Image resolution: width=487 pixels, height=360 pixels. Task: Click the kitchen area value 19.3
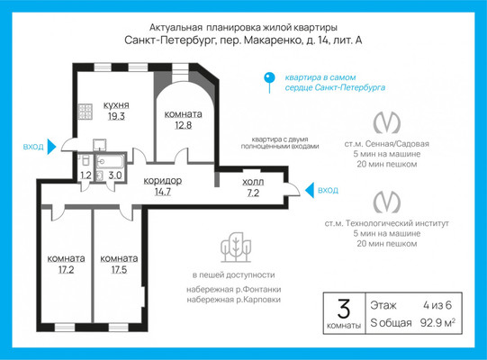point(116,116)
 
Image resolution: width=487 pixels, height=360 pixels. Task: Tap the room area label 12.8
point(184,125)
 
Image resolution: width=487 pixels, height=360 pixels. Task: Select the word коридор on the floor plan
point(163,181)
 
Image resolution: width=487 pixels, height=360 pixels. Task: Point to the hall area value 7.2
point(253,193)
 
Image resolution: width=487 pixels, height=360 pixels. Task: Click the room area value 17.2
point(66,270)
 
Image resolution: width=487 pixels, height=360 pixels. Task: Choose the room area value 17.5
point(119,270)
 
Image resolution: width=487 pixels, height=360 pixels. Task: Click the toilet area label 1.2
point(86,175)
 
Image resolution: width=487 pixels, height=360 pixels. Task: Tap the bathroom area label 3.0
point(115,175)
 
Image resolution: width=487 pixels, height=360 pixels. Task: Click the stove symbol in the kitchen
point(86,112)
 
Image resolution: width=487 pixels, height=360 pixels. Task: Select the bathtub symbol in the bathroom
point(110,162)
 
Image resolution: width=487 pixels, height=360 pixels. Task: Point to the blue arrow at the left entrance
point(51,147)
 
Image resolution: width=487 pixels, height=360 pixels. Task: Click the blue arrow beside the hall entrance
point(310,190)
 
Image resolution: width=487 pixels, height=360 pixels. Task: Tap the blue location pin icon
point(269,83)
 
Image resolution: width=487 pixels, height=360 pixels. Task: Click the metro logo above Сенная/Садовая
point(387,122)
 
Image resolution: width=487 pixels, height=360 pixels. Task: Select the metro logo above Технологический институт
point(387,202)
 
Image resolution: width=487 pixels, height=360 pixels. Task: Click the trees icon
point(236,247)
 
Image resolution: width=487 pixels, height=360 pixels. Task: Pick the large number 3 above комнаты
point(344,309)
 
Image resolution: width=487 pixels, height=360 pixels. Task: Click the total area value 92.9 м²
point(437,323)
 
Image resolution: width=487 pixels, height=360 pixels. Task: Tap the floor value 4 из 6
point(437,305)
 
